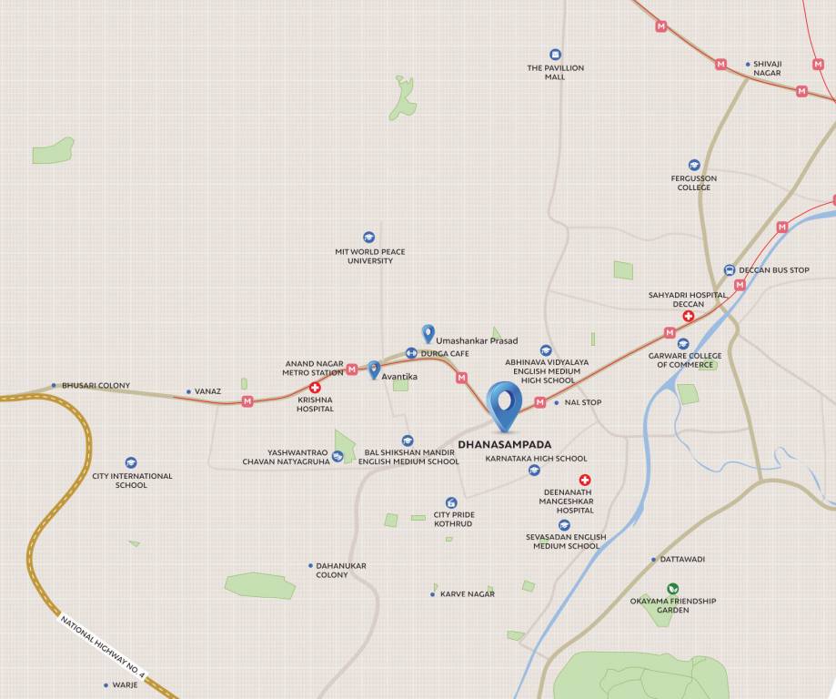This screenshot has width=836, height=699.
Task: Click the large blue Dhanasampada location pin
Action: pos(504,404)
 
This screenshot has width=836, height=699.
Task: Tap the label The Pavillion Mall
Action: pos(555,72)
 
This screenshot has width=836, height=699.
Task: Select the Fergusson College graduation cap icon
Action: pos(694,165)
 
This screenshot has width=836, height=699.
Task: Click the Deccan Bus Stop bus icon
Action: pos(730,270)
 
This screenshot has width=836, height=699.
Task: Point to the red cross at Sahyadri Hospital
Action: pos(689,316)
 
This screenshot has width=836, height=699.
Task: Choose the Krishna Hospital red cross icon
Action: pos(315,387)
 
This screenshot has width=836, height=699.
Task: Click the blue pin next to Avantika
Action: pos(374,370)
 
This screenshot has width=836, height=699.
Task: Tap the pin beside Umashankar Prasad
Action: pos(428,334)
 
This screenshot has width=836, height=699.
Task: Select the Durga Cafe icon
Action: pos(411,353)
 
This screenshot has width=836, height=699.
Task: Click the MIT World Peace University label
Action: pos(370,256)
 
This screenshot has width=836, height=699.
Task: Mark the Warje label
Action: pos(125,684)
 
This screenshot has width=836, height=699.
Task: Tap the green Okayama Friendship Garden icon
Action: pos(672,588)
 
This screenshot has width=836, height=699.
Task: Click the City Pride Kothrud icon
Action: pos(451,502)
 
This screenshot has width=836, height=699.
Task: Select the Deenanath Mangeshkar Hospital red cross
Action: pos(585,480)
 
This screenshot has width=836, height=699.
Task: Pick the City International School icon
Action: pos(131,463)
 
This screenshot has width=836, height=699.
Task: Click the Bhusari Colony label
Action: pos(96,385)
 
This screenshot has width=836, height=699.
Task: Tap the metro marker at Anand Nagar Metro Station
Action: pos(352,370)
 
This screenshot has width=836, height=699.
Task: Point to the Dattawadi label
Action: pos(682,559)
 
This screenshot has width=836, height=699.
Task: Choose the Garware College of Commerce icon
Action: pos(683,344)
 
